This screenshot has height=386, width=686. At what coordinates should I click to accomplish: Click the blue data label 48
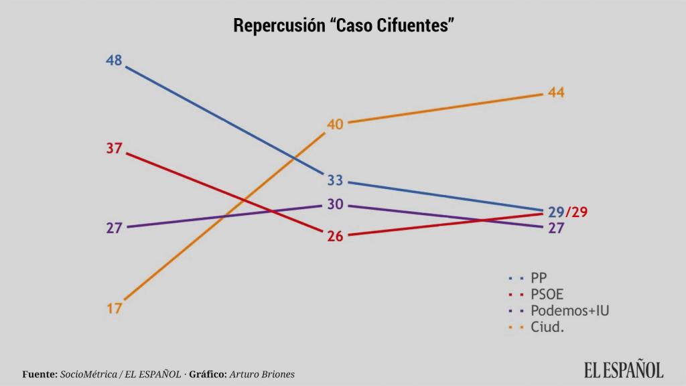114,60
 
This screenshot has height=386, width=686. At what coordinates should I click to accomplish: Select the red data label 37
114,148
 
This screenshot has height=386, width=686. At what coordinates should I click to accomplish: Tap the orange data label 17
114,308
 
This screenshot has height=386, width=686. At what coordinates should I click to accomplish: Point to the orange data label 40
335,124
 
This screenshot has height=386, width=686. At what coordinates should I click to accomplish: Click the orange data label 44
556,93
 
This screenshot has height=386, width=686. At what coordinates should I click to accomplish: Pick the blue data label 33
335,180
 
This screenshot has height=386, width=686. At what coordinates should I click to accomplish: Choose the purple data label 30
335,204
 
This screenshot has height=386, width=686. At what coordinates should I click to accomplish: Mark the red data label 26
335,236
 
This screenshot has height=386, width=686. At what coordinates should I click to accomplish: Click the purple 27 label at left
114,227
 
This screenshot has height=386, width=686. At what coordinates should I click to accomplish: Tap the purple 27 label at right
556,228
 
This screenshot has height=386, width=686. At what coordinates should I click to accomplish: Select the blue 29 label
556,212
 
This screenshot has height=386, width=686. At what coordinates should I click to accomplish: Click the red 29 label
579,212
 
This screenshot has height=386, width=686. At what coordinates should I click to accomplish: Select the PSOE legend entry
547,294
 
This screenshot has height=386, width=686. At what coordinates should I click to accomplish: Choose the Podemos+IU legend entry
569,311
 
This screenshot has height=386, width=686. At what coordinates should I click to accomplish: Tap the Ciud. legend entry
547,328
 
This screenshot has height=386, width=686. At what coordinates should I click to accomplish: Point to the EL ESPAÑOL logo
623,369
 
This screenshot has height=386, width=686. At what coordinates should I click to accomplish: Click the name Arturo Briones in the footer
262,374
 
